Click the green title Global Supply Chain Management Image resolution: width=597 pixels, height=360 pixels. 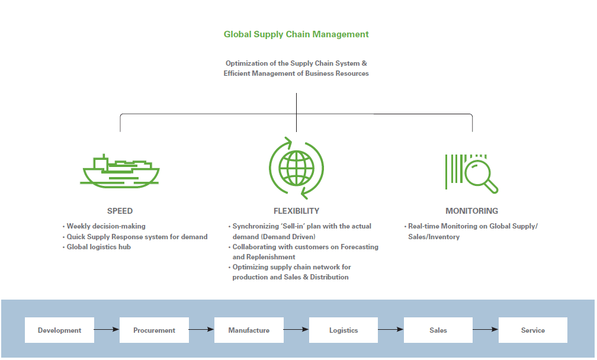(296, 34)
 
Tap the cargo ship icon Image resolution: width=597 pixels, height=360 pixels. (120, 172)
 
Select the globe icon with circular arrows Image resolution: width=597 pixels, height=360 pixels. (296, 168)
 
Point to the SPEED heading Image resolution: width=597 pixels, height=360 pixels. (120, 211)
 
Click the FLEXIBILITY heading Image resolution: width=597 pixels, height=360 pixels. (296, 211)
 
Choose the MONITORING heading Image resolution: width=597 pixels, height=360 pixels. (471, 211)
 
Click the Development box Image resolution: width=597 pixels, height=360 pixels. (59, 330)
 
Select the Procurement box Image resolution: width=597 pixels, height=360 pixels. (154, 330)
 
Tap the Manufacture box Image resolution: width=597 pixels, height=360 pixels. (249, 330)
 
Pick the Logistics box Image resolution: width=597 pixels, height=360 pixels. (344, 330)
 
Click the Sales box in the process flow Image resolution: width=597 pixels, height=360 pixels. (438, 330)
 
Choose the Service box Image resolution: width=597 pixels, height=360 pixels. (532, 330)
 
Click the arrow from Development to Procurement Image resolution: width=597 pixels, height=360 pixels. (107, 330)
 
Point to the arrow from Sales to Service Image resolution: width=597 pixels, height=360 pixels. (486, 330)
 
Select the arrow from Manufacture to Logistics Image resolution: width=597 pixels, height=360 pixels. (296, 330)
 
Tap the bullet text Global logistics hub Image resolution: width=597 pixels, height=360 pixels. (99, 247)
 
